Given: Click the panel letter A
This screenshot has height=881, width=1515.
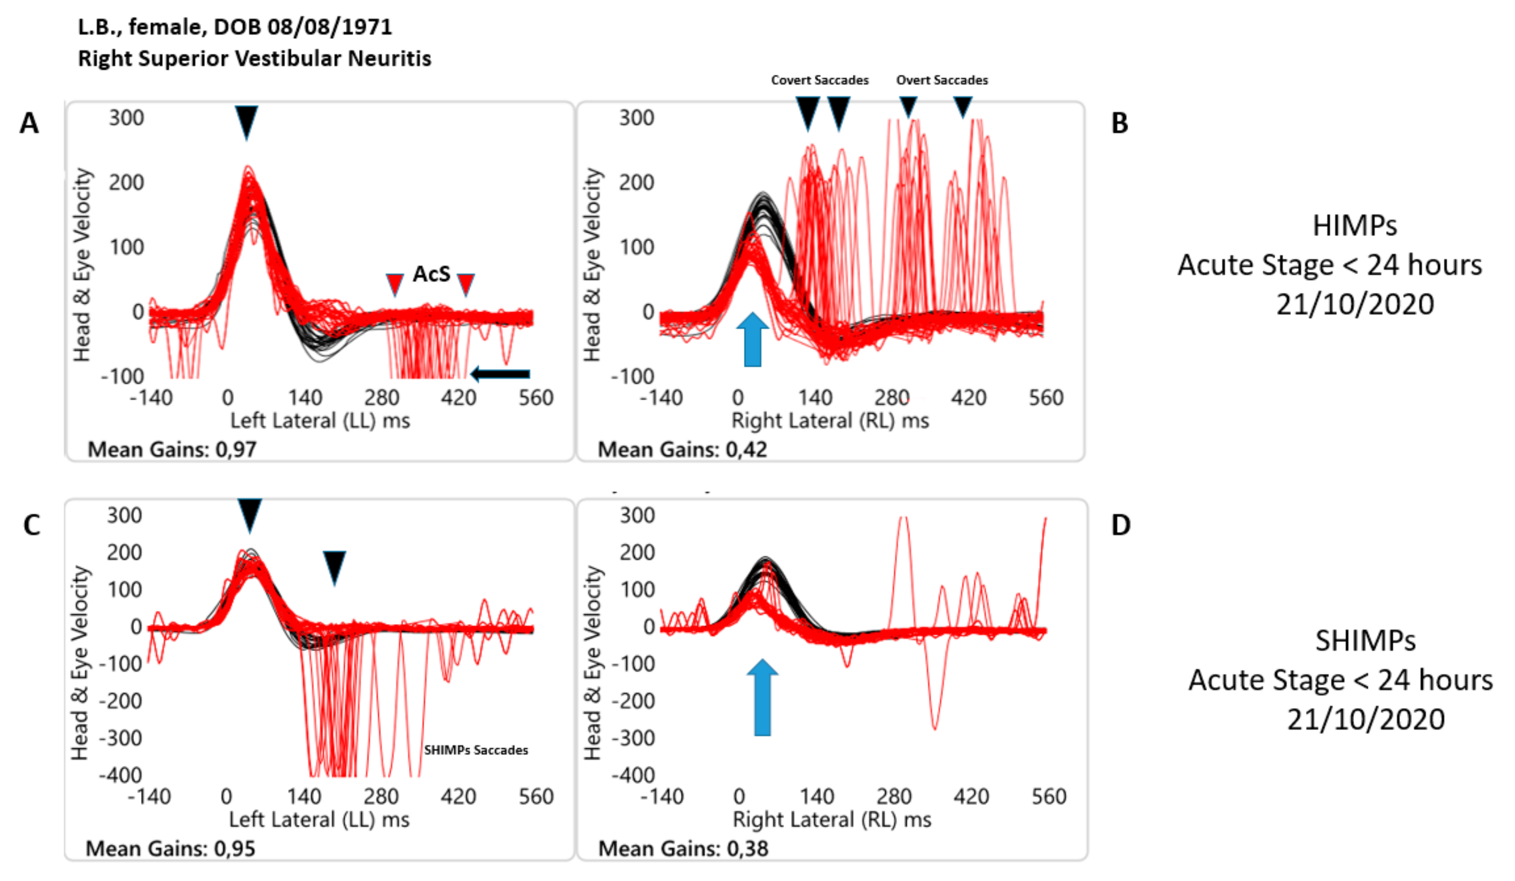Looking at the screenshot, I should click(x=29, y=123).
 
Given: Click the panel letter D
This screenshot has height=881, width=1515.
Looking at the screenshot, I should click(x=1120, y=525).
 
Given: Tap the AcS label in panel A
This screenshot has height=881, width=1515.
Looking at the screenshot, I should click(x=431, y=274).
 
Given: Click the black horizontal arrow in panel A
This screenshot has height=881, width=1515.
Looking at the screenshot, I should click(x=500, y=374).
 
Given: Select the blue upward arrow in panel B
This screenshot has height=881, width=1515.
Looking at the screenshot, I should click(x=752, y=341).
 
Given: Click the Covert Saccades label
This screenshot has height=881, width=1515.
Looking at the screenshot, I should click(x=819, y=80).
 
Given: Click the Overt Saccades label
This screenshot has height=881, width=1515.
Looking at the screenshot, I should click(x=941, y=80).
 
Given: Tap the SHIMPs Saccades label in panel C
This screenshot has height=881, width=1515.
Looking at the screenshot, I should click(x=475, y=750).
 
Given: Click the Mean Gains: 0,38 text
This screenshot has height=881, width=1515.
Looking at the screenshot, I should click(x=683, y=849).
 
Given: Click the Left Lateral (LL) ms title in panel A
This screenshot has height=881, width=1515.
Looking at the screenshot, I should click(x=320, y=420).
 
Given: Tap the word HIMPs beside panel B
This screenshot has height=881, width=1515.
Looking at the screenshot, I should click(x=1355, y=226).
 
